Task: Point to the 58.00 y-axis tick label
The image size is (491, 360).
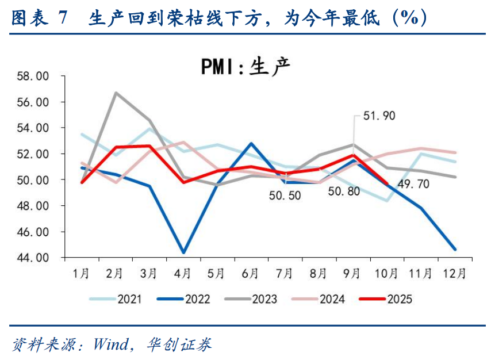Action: pyautogui.click(x=34, y=76)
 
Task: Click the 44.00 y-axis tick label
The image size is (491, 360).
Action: pyautogui.click(x=34, y=258)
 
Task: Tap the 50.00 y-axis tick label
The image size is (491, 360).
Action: pyautogui.click(x=34, y=180)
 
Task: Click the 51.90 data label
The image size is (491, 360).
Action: pyautogui.click(x=379, y=116)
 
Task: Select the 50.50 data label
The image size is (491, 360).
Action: pyautogui.click(x=285, y=196)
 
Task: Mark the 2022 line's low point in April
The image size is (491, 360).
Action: pyautogui.click(x=183, y=252)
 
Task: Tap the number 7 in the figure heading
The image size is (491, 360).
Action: pyautogui.click(x=62, y=18)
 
